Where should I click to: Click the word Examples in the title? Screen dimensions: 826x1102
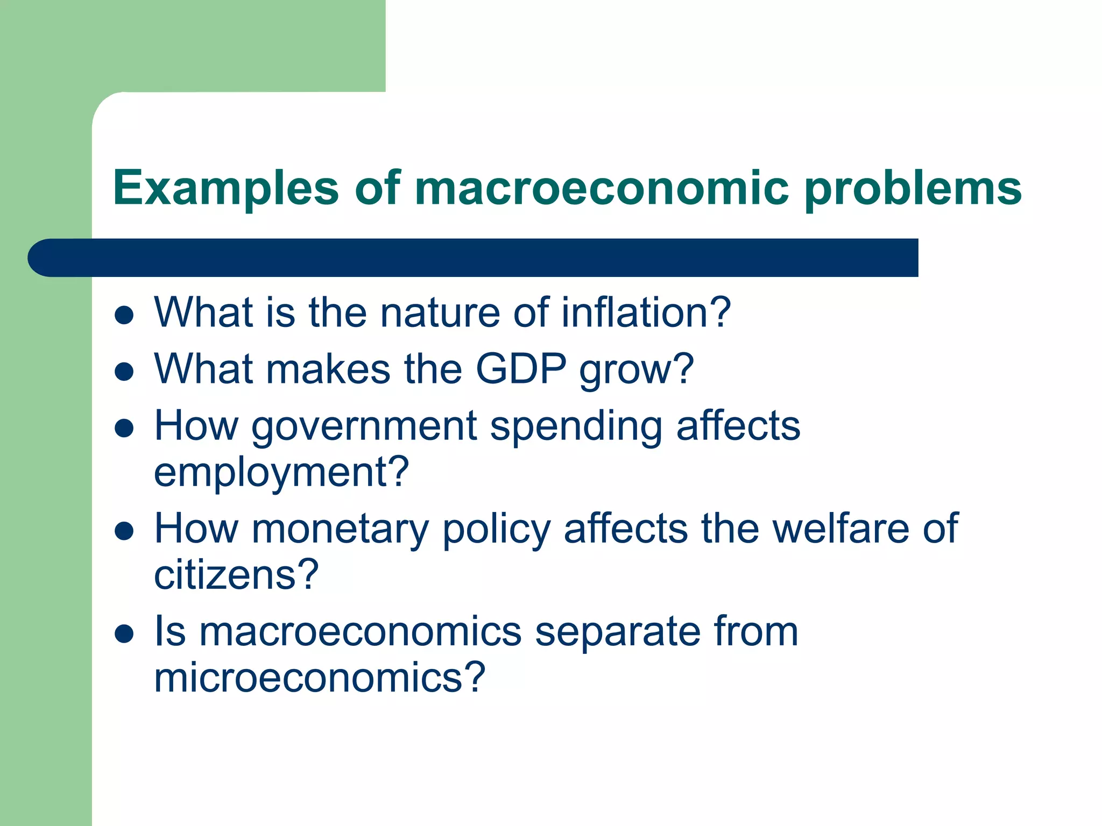[225, 188]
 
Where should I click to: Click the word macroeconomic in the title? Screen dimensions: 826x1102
[602, 188]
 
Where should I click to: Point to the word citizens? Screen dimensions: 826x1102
[236, 575]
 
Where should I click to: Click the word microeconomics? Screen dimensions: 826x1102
[319, 678]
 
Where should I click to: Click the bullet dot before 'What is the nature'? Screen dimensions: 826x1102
[124, 316]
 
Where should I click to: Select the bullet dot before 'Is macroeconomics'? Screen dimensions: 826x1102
[124, 634]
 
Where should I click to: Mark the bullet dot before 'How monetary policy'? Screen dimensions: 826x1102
[124, 531]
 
